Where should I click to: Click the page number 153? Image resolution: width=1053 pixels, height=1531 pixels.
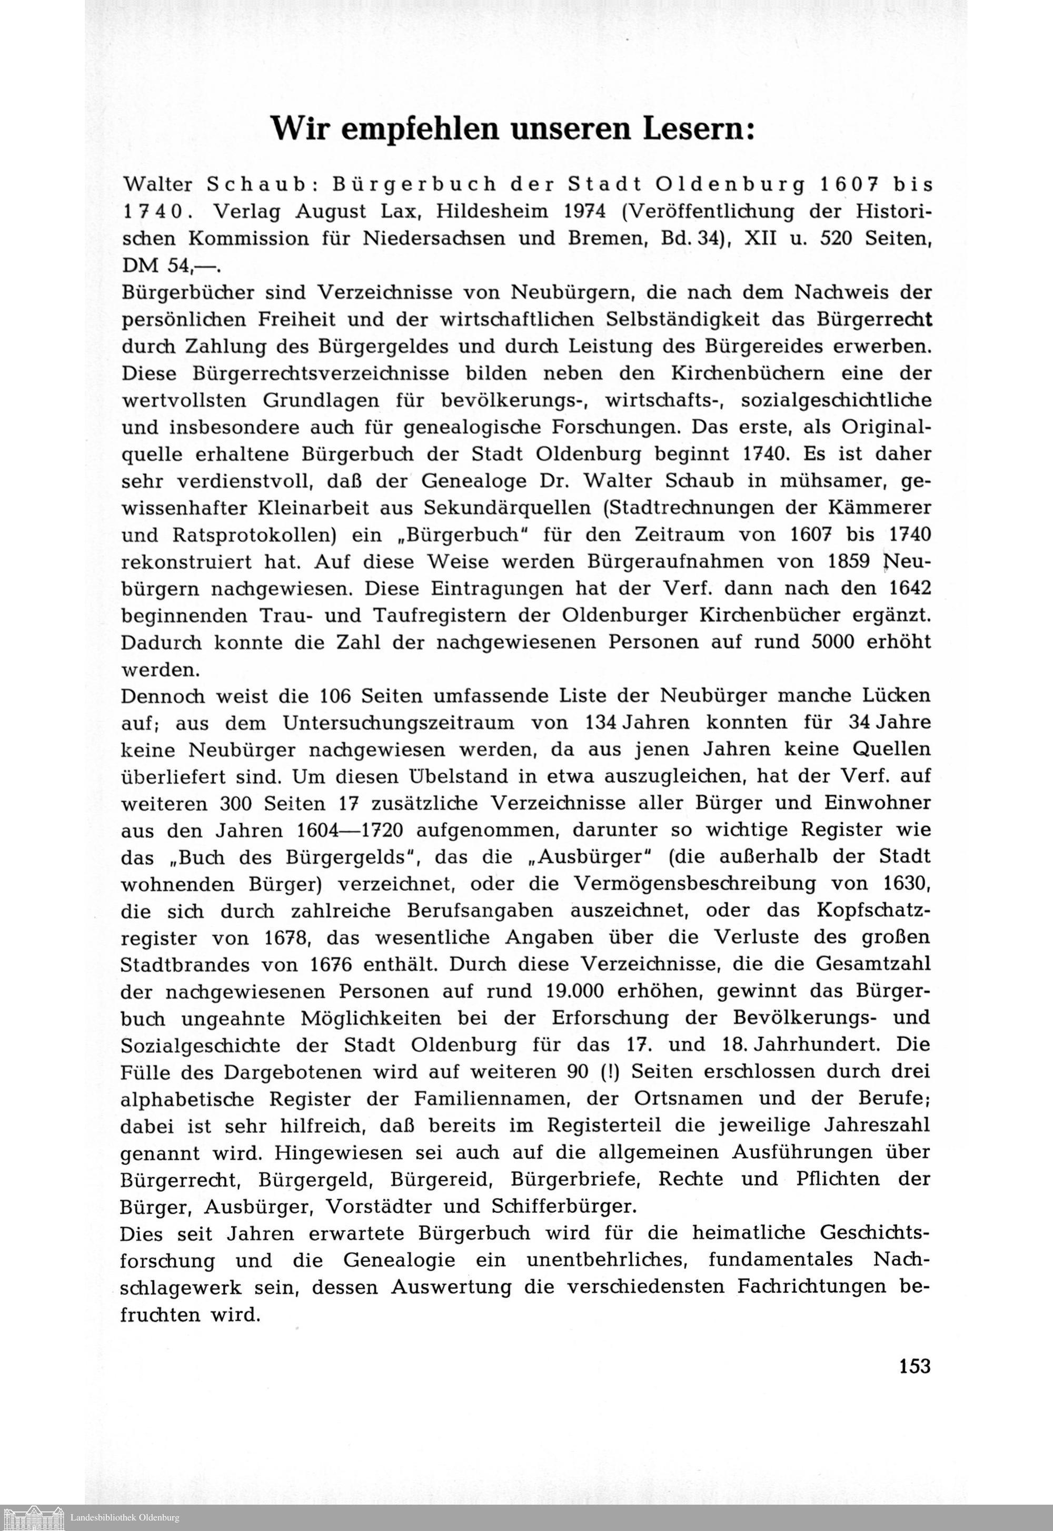[x=915, y=1365]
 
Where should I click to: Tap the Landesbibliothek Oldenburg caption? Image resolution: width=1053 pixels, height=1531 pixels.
[x=125, y=1518]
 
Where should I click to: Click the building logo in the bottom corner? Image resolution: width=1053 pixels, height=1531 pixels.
[x=33, y=1516]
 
